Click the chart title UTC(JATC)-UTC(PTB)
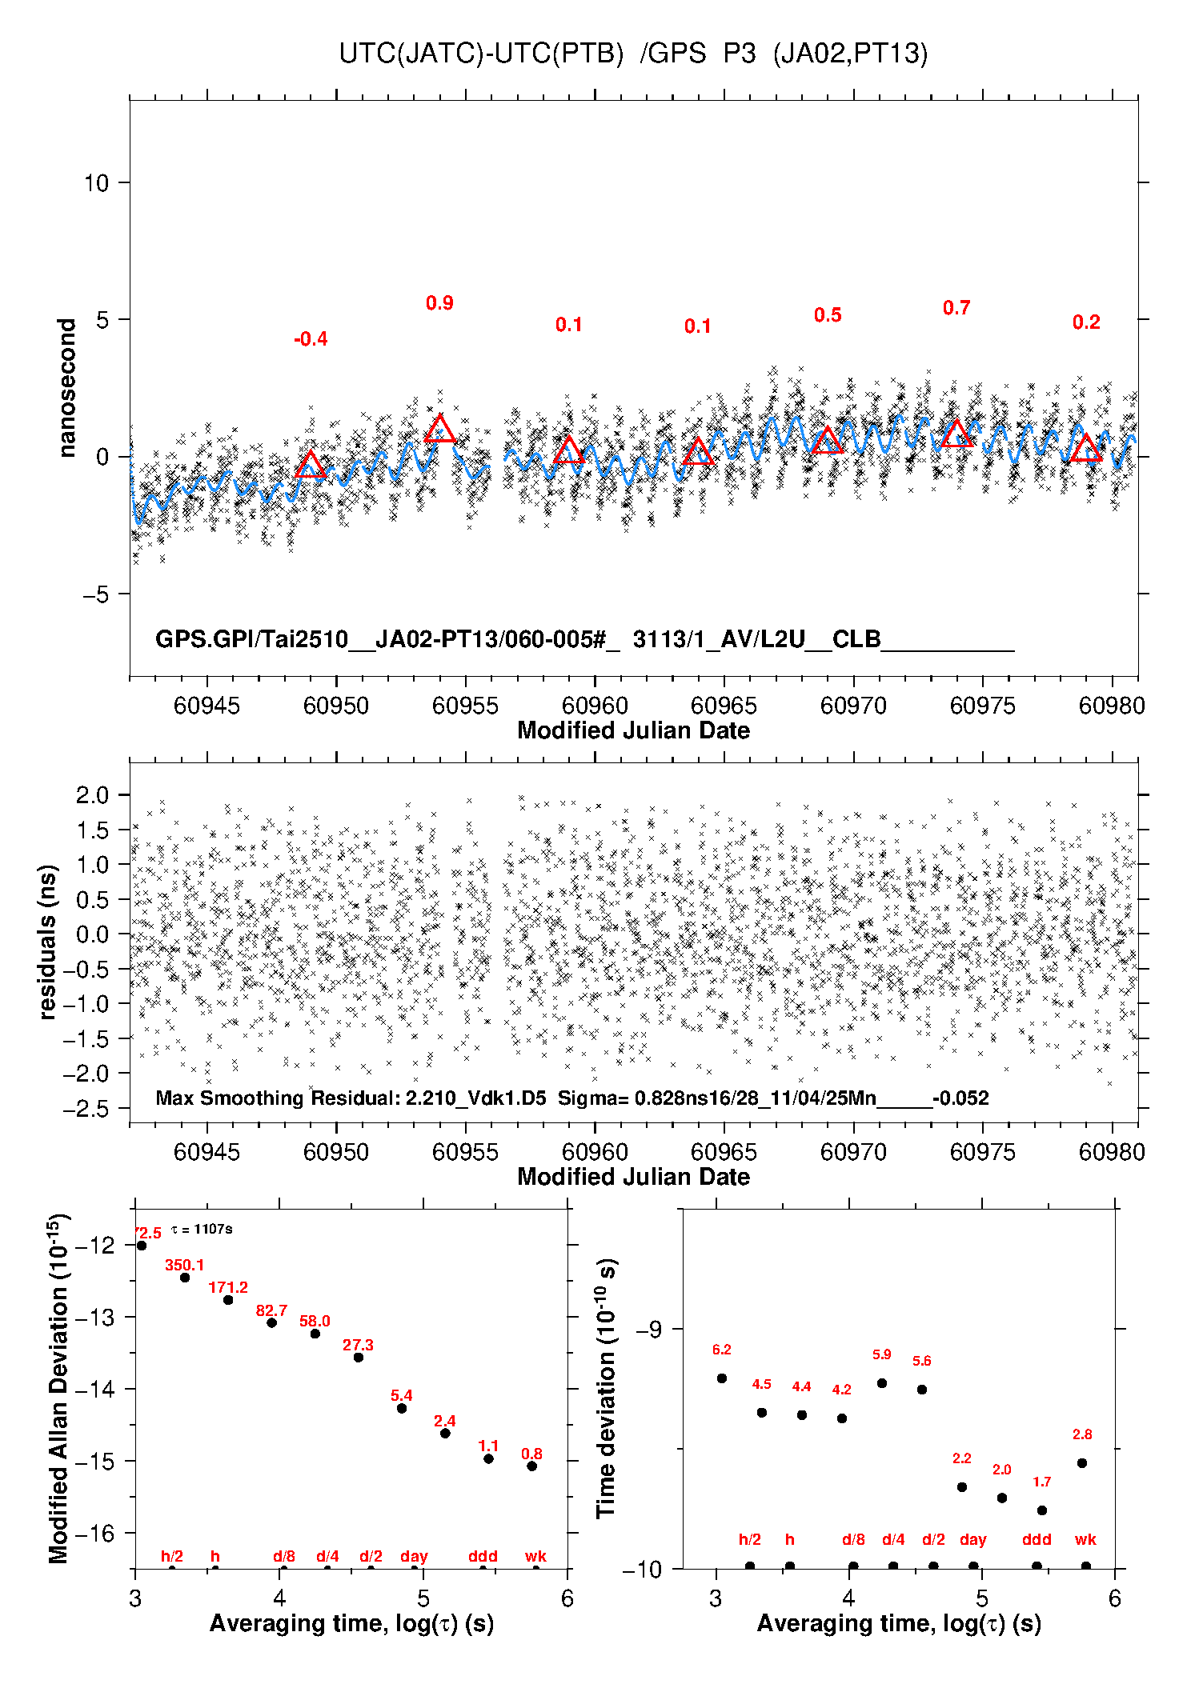click(481, 54)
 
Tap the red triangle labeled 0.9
click(439, 430)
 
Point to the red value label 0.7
click(956, 308)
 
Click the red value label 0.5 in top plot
click(828, 315)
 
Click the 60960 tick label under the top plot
click(595, 706)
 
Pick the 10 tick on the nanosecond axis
click(96, 183)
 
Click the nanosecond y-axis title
click(66, 388)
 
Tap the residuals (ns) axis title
click(48, 942)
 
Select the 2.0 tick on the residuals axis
click(92, 795)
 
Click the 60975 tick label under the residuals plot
click(983, 1152)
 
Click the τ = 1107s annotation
click(202, 1229)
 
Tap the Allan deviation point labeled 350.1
click(185, 1278)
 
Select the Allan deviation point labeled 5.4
click(402, 1408)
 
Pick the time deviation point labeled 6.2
click(722, 1378)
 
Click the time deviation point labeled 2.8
click(1082, 1463)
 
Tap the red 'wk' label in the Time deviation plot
click(1085, 1539)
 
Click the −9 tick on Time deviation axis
click(648, 1330)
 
